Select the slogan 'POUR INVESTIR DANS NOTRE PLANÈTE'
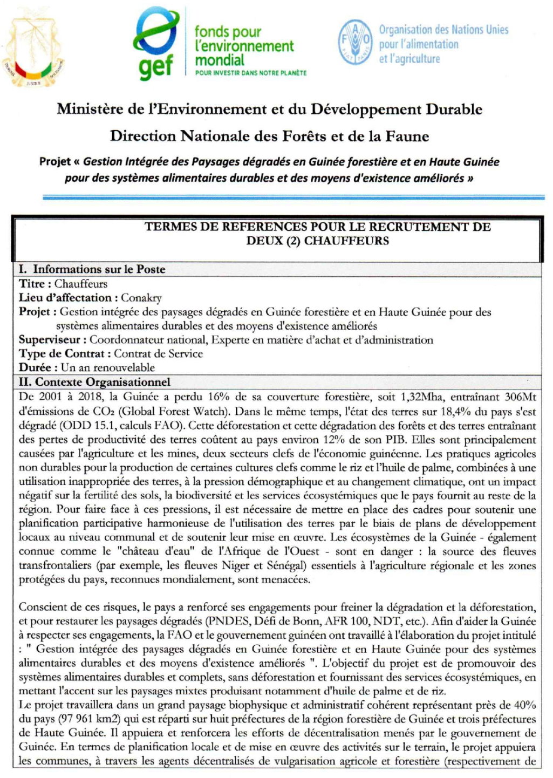251,73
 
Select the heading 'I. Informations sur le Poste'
92,269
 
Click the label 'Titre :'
35,284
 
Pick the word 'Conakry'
141,298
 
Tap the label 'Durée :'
38,368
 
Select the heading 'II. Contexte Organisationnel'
94,383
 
